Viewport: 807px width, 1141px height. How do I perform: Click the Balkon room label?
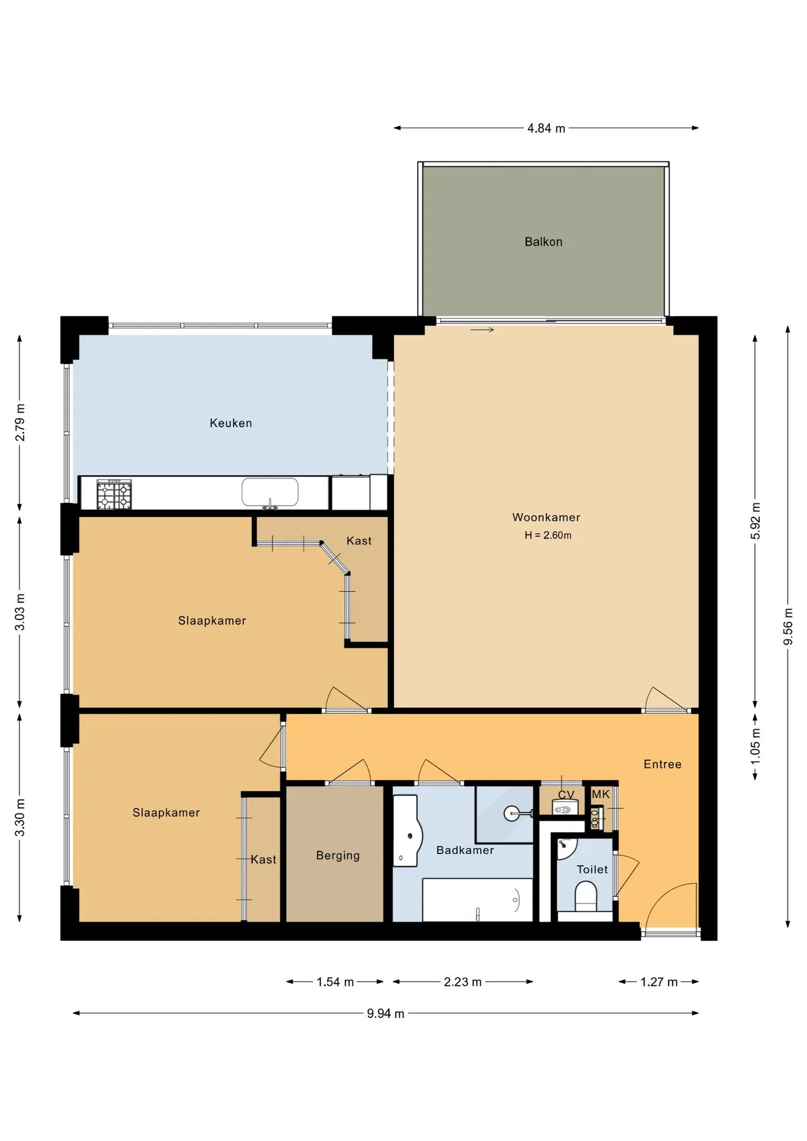click(543, 242)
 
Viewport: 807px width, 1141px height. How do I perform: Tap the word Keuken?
click(231, 423)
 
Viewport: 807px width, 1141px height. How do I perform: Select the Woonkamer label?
click(546, 517)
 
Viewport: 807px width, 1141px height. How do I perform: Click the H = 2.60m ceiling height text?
click(548, 535)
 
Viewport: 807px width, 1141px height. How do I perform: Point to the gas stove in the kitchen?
click(114, 494)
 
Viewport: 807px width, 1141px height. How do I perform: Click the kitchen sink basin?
click(270, 493)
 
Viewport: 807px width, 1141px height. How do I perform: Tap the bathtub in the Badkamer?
click(478, 900)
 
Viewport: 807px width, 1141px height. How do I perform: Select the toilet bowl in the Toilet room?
click(586, 896)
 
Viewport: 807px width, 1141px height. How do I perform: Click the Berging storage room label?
click(338, 856)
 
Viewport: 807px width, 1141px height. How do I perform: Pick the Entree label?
click(663, 764)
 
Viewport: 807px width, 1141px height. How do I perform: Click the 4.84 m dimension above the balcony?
click(546, 128)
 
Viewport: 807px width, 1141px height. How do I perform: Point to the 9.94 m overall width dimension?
click(386, 1014)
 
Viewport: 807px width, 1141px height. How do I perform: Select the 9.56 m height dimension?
click(788, 626)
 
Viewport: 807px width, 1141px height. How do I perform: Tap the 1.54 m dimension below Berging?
click(335, 982)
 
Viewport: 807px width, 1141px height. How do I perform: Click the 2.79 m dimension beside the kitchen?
click(20, 423)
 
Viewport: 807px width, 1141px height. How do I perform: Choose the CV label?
click(566, 795)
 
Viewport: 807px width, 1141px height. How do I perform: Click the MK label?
click(601, 794)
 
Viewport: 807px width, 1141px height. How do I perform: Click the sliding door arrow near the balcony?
click(482, 330)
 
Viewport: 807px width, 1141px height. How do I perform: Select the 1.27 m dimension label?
click(659, 982)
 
